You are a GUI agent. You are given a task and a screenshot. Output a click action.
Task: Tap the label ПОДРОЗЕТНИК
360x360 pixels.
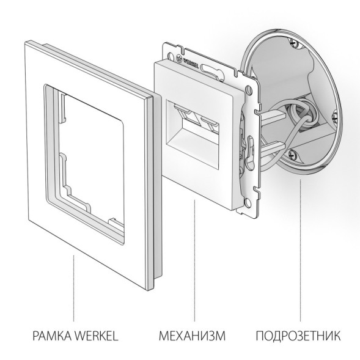[x=299, y=336]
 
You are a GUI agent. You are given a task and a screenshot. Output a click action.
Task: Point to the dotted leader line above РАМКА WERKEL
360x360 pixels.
[x=73, y=287]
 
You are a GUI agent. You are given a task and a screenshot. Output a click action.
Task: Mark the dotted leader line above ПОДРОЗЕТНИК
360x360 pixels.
[x=300, y=257]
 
